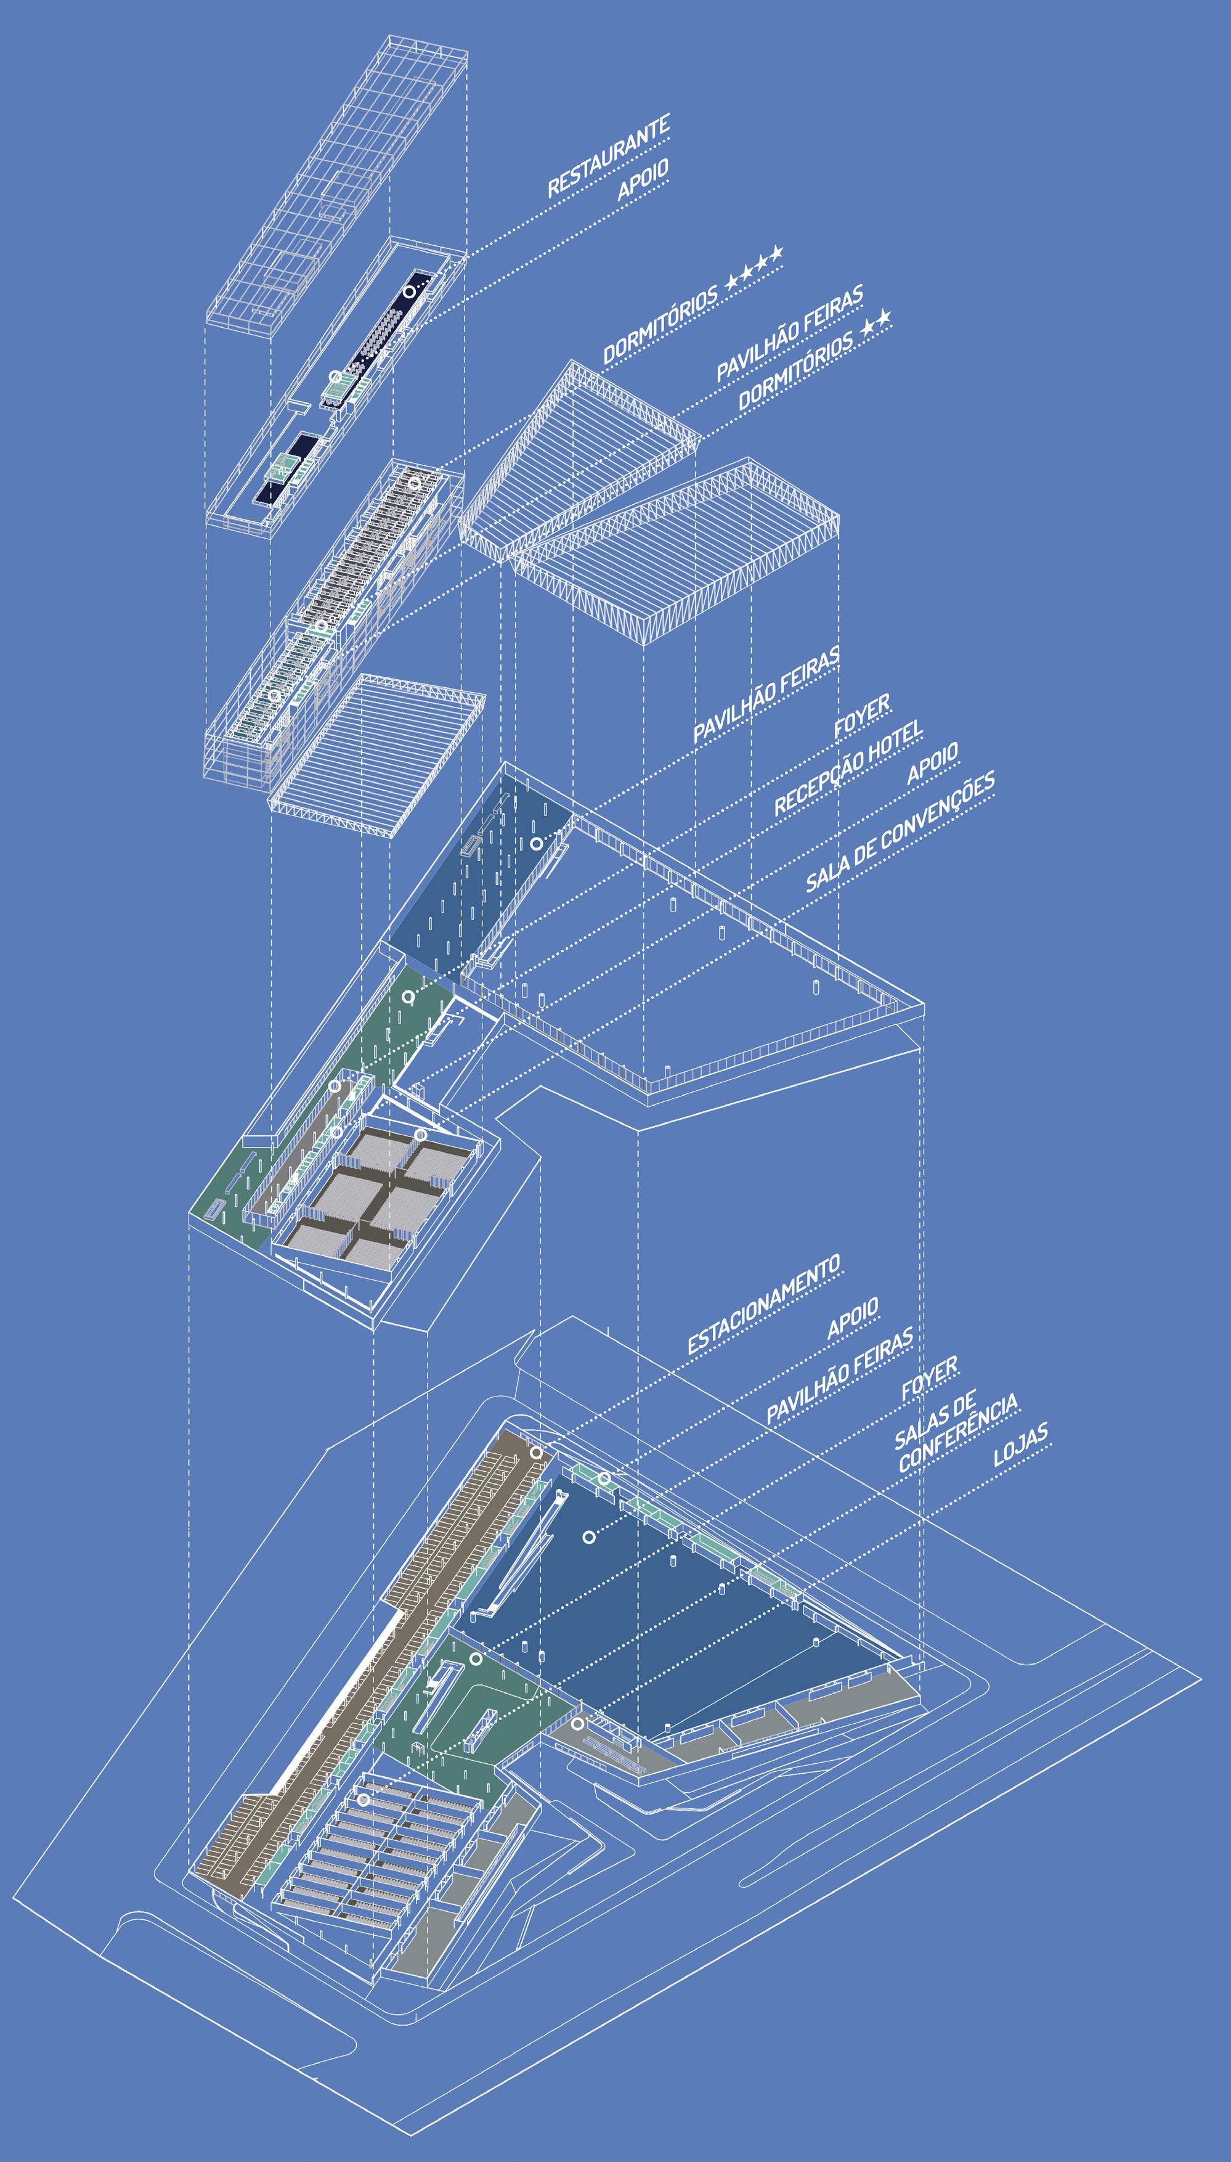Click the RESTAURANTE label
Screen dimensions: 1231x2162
(609, 157)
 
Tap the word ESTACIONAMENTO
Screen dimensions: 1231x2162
(763, 1305)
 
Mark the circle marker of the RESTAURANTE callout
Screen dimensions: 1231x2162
(409, 291)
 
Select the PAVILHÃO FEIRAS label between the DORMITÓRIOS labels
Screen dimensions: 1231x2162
(790, 333)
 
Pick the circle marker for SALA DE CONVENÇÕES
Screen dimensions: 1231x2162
(420, 1134)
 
